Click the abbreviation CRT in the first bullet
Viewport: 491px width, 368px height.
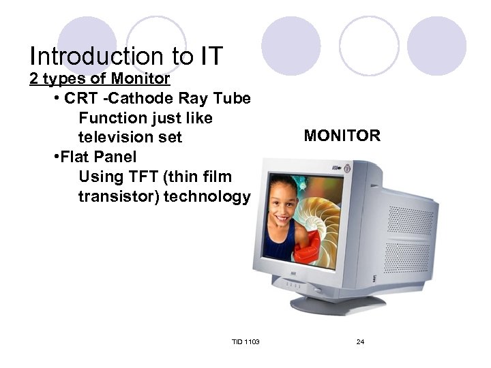tap(81, 99)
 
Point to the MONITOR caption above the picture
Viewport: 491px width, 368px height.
tap(342, 136)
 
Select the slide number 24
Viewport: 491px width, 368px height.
tap(360, 341)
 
